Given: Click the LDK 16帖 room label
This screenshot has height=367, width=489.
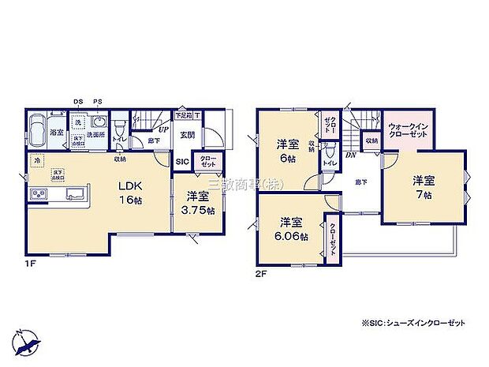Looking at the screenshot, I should tap(131, 193).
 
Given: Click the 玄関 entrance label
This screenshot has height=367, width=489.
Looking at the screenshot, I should tap(186, 135).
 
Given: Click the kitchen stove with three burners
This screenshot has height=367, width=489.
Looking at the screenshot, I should tap(38, 194).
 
